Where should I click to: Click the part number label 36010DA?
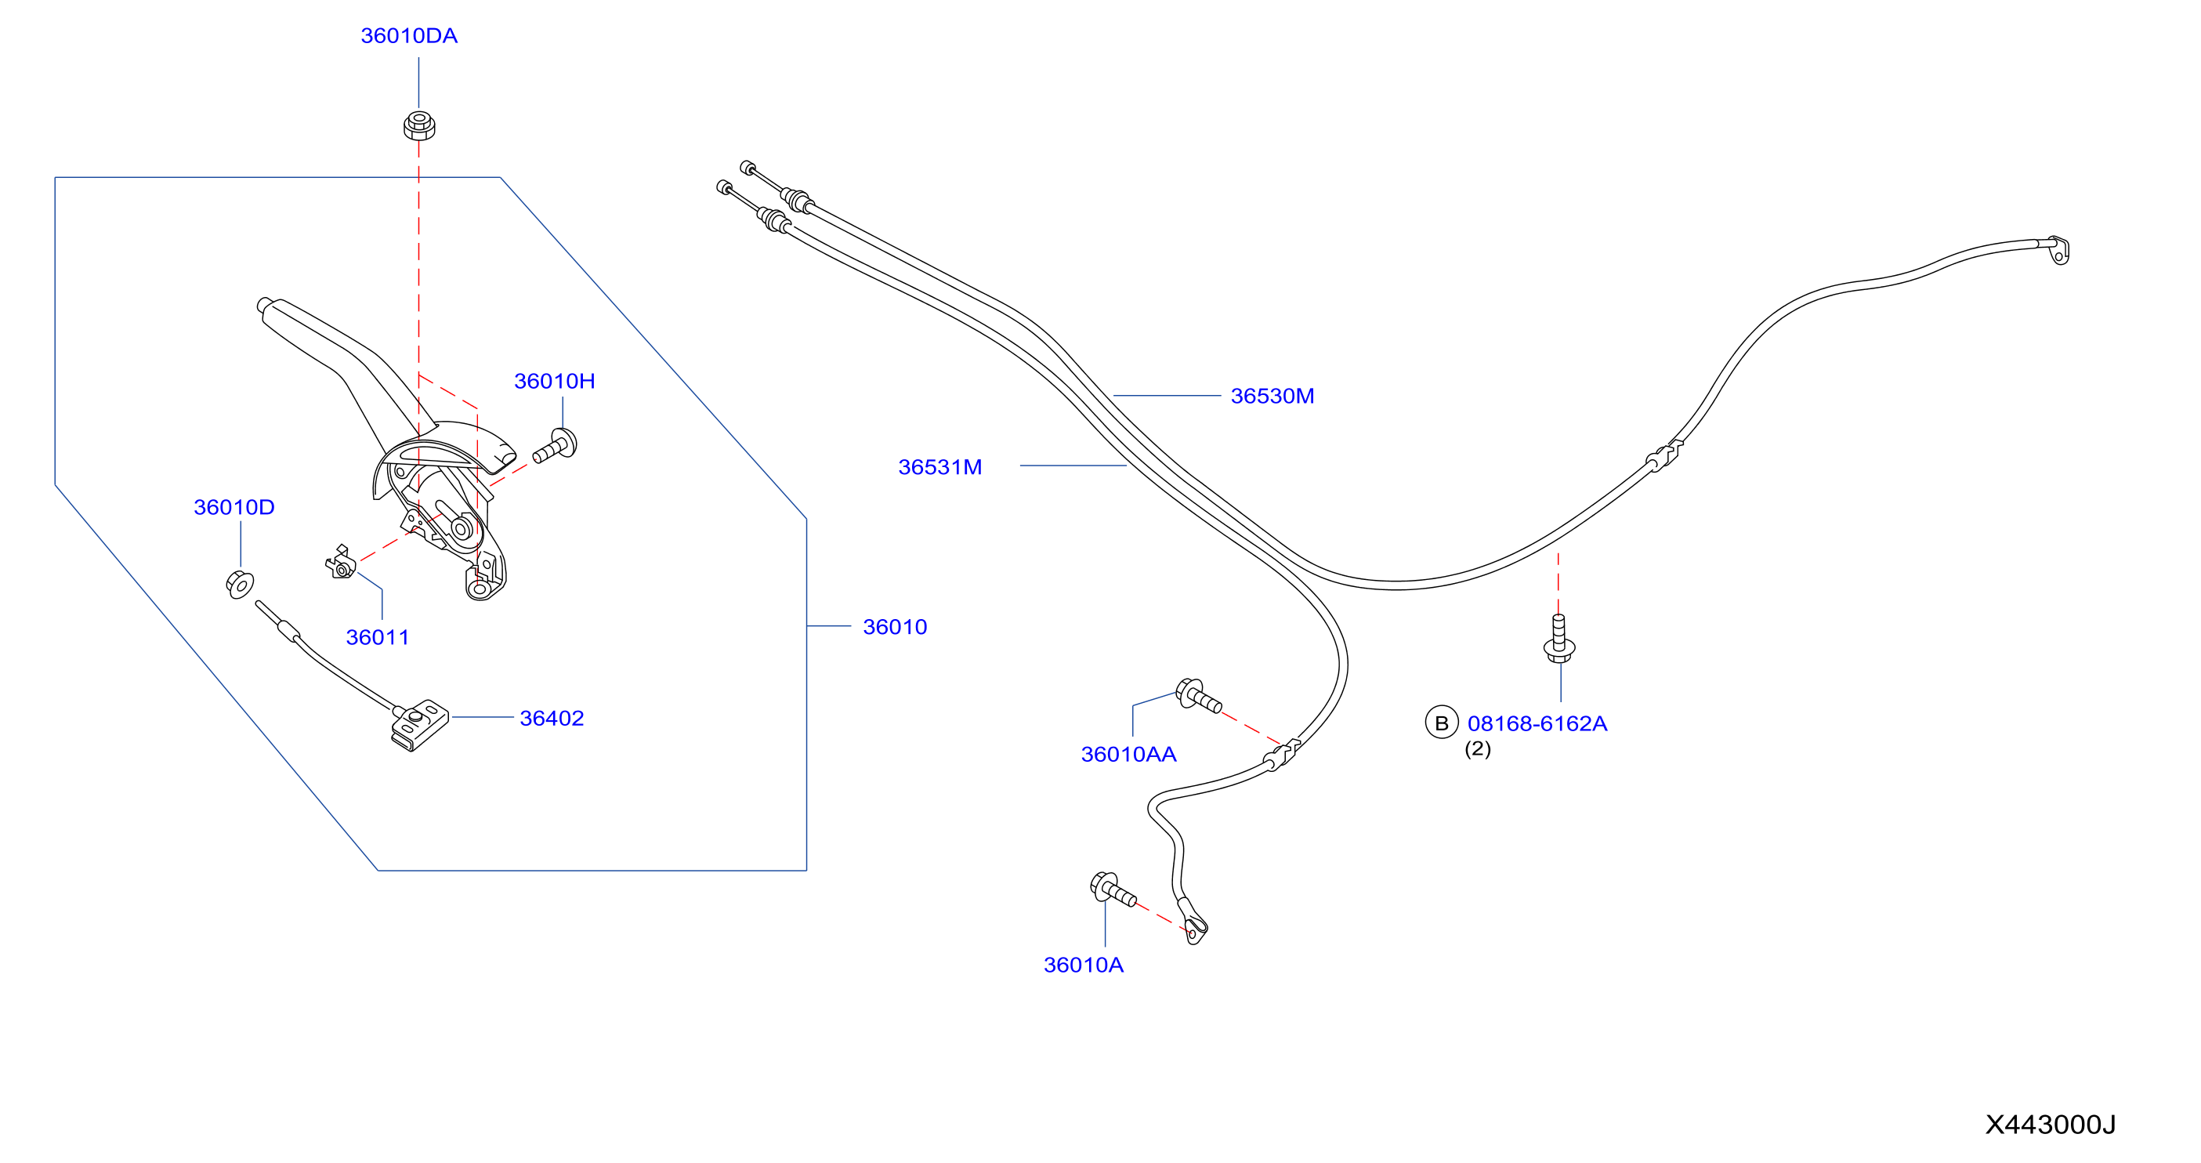pyautogui.click(x=408, y=36)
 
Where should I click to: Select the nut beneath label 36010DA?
pyautogui.click(x=418, y=125)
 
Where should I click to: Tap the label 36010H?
pyautogui.click(x=554, y=381)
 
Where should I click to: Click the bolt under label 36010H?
pyautogui.click(x=556, y=447)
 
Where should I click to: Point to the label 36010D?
pyautogui.click(x=234, y=508)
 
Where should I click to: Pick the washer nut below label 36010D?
pyautogui.click(x=240, y=585)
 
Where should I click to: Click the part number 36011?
pyautogui.click(x=377, y=637)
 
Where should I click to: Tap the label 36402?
pyautogui.click(x=552, y=719)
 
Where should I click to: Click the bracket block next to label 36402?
pyautogui.click(x=419, y=726)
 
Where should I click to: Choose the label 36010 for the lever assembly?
pyautogui.click(x=895, y=627)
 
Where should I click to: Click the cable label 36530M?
pyautogui.click(x=1272, y=397)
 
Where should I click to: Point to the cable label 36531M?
pyautogui.click(x=939, y=467)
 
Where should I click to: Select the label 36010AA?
pyautogui.click(x=1128, y=755)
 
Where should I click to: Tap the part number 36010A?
pyautogui.click(x=1084, y=965)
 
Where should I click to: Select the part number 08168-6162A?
pyautogui.click(x=1537, y=724)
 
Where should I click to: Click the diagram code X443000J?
pyautogui.click(x=2051, y=1125)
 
